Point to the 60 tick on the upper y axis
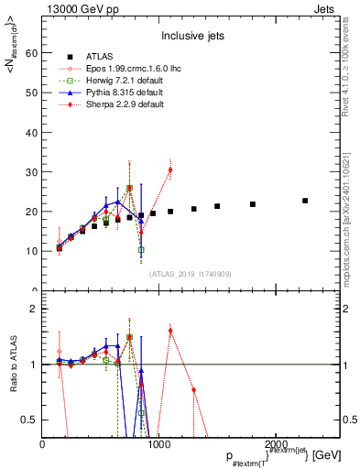point(32,53)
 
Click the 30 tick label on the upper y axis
point(32,171)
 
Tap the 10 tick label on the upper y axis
point(32,250)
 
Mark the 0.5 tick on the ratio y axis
point(29,420)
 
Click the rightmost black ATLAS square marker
point(305,201)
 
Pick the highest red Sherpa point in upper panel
point(170,169)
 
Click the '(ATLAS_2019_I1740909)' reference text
point(191,274)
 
